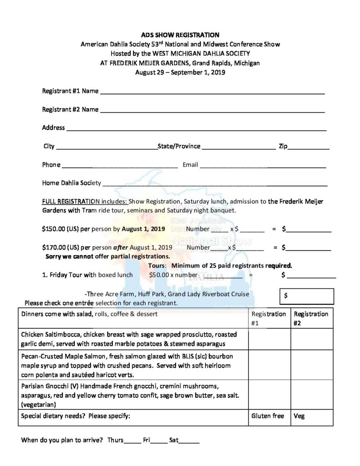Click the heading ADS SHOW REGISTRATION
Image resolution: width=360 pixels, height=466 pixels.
(180, 35)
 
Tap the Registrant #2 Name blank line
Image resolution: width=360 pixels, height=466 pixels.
(212, 111)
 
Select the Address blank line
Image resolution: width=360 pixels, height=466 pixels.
(197, 129)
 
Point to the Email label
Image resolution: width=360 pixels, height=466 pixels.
(190, 165)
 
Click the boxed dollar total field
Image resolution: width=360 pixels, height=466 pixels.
(307, 296)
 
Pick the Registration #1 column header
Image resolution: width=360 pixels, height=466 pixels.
(269, 318)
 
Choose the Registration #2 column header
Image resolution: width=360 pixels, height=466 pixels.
(311, 318)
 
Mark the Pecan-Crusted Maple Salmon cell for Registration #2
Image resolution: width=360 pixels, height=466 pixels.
(311, 365)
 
